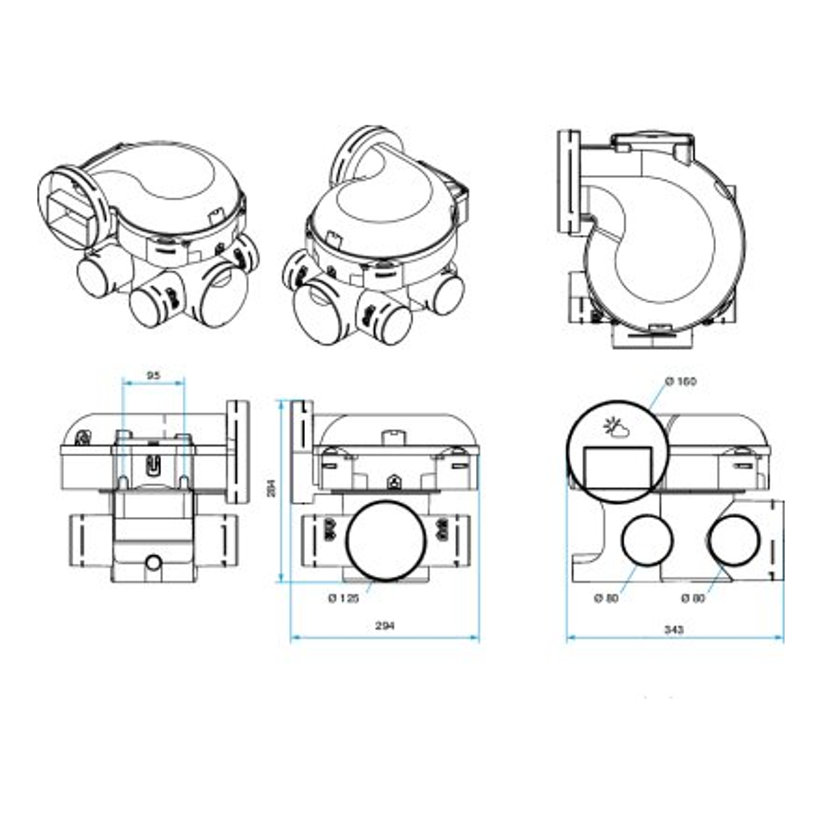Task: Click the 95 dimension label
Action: tap(153, 375)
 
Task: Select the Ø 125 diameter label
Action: tap(344, 598)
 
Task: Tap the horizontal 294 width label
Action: tap(385, 626)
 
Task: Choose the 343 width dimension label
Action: tap(674, 629)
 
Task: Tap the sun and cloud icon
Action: tap(616, 427)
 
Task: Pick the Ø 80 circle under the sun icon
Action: tap(646, 542)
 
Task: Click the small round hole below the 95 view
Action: tap(152, 562)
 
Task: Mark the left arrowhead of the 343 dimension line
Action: tap(570, 638)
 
